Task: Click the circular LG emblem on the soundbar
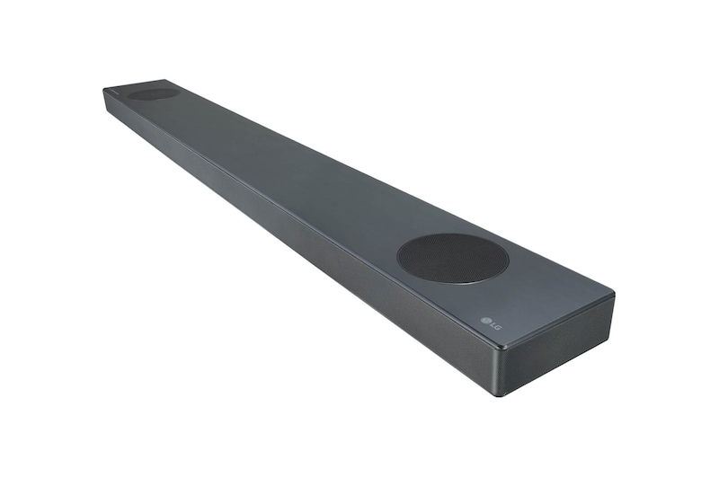pos(484,321)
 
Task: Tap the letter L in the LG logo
pos(493,325)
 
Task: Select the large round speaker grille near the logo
pos(452,259)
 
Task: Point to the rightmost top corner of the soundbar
pos(613,295)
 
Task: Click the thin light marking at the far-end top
pos(115,90)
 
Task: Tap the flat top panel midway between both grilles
pos(297,171)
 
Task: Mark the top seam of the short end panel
pos(557,321)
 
